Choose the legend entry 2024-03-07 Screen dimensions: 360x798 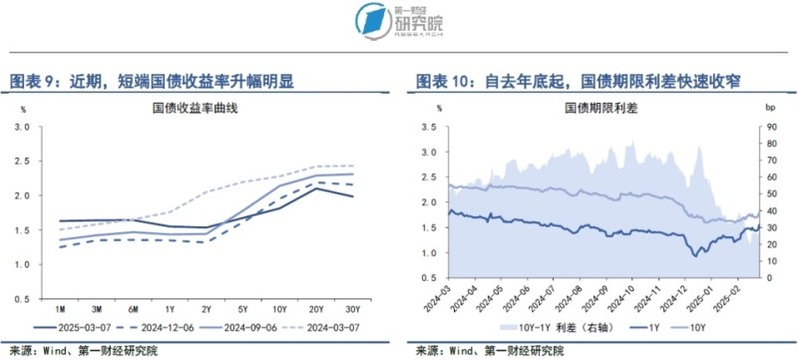[x=341, y=326]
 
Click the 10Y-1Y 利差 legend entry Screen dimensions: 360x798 [x=545, y=326]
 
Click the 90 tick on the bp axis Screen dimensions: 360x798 [x=770, y=127]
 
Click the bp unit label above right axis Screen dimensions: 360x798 [x=769, y=107]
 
